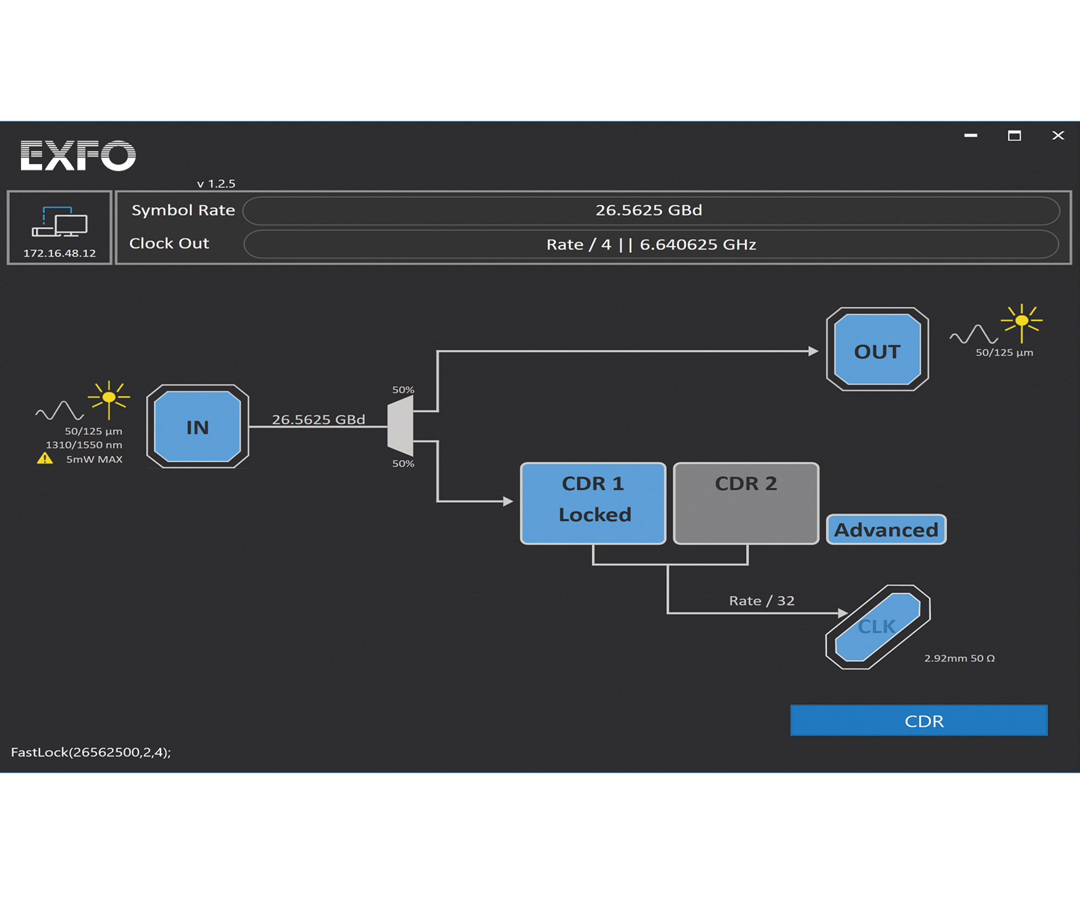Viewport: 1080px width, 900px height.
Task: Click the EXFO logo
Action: [78, 155]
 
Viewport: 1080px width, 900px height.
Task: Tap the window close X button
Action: [1058, 136]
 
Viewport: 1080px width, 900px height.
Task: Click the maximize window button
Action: [1014, 136]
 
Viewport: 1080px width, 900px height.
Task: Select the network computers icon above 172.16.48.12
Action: [59, 222]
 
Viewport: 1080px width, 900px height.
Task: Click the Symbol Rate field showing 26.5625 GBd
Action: [651, 211]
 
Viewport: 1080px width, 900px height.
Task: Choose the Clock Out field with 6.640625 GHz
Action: [651, 245]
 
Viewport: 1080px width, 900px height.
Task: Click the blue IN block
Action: [198, 427]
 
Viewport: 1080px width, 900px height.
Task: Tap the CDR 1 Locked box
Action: [593, 503]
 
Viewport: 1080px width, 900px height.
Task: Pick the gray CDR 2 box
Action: [746, 503]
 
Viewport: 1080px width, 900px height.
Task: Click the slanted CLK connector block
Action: [878, 627]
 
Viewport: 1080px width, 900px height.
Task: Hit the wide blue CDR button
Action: [919, 721]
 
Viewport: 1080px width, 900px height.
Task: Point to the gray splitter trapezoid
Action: [401, 427]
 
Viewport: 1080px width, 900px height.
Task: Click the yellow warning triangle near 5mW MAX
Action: [45, 459]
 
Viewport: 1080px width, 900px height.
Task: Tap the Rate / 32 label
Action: [761, 601]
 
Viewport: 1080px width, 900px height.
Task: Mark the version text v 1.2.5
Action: [216, 184]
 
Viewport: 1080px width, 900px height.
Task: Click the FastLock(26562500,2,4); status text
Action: [91, 752]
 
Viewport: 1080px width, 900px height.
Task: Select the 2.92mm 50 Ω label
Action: [959, 658]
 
